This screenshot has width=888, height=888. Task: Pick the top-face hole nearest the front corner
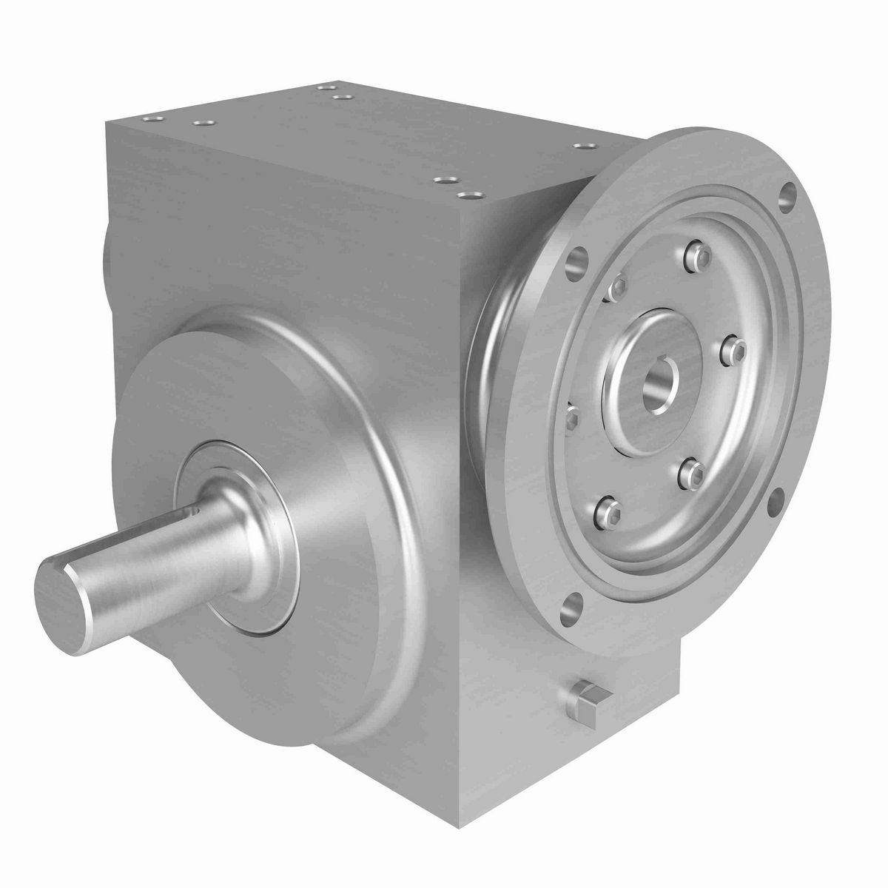click(x=466, y=195)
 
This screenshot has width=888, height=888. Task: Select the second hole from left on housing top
click(x=200, y=124)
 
